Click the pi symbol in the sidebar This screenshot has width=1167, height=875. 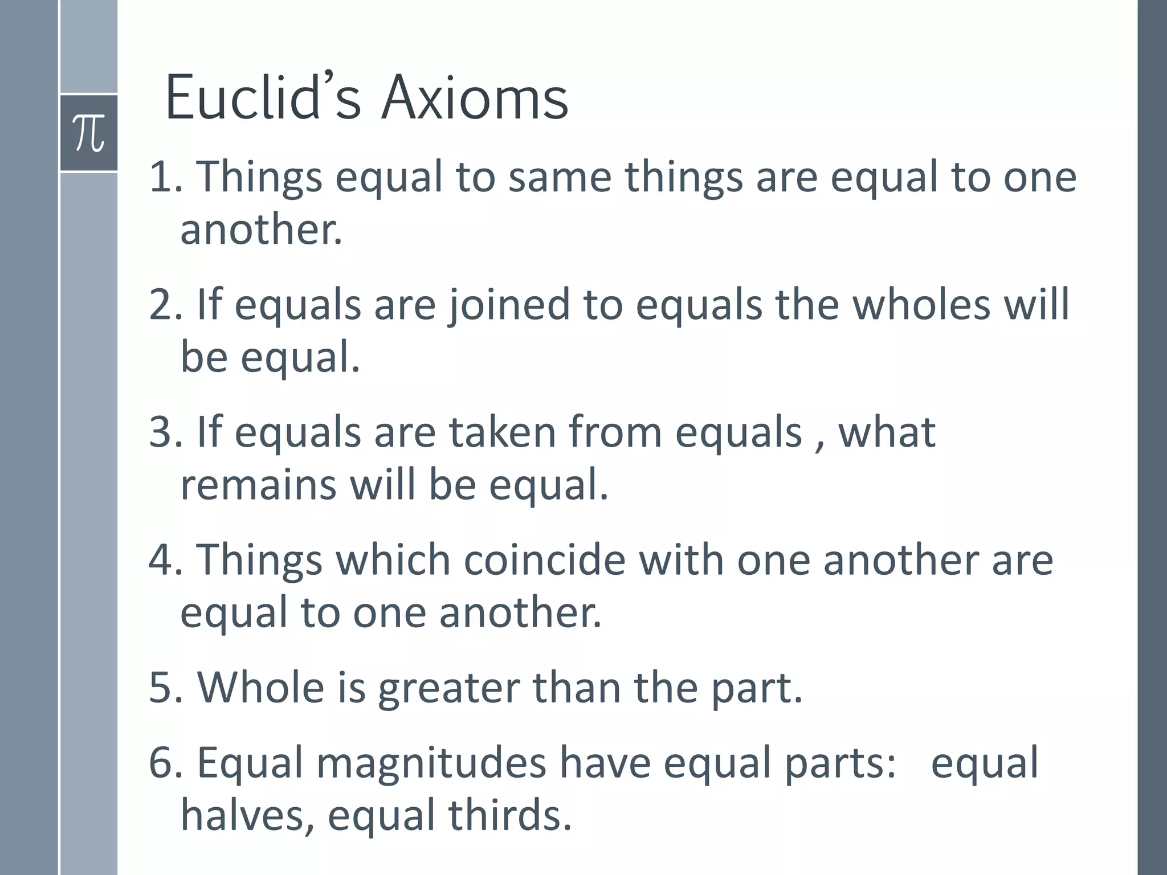coord(89,133)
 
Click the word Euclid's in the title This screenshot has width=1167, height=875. coord(263,98)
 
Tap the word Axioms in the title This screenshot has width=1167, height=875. coord(475,98)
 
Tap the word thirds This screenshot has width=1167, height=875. coord(509,815)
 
